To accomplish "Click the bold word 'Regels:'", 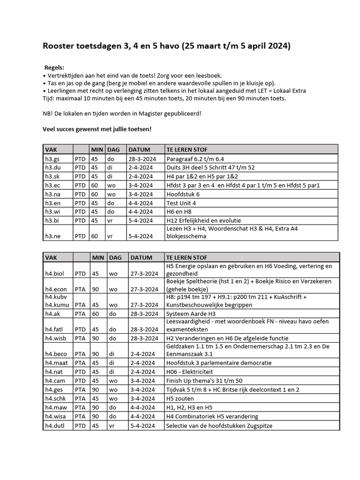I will (54, 67).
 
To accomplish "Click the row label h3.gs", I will (52, 159).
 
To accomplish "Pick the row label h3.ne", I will (52, 236).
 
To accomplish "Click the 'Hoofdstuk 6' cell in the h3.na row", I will (183, 194).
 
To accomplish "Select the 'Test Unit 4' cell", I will (181, 202).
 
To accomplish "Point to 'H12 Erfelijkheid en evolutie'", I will (203, 220).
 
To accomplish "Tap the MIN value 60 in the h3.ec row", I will (95, 185).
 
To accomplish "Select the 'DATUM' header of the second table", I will (141, 257).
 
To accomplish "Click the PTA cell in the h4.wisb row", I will (80, 338).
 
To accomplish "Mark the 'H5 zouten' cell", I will (180, 398).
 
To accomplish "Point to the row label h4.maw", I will (55, 407).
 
